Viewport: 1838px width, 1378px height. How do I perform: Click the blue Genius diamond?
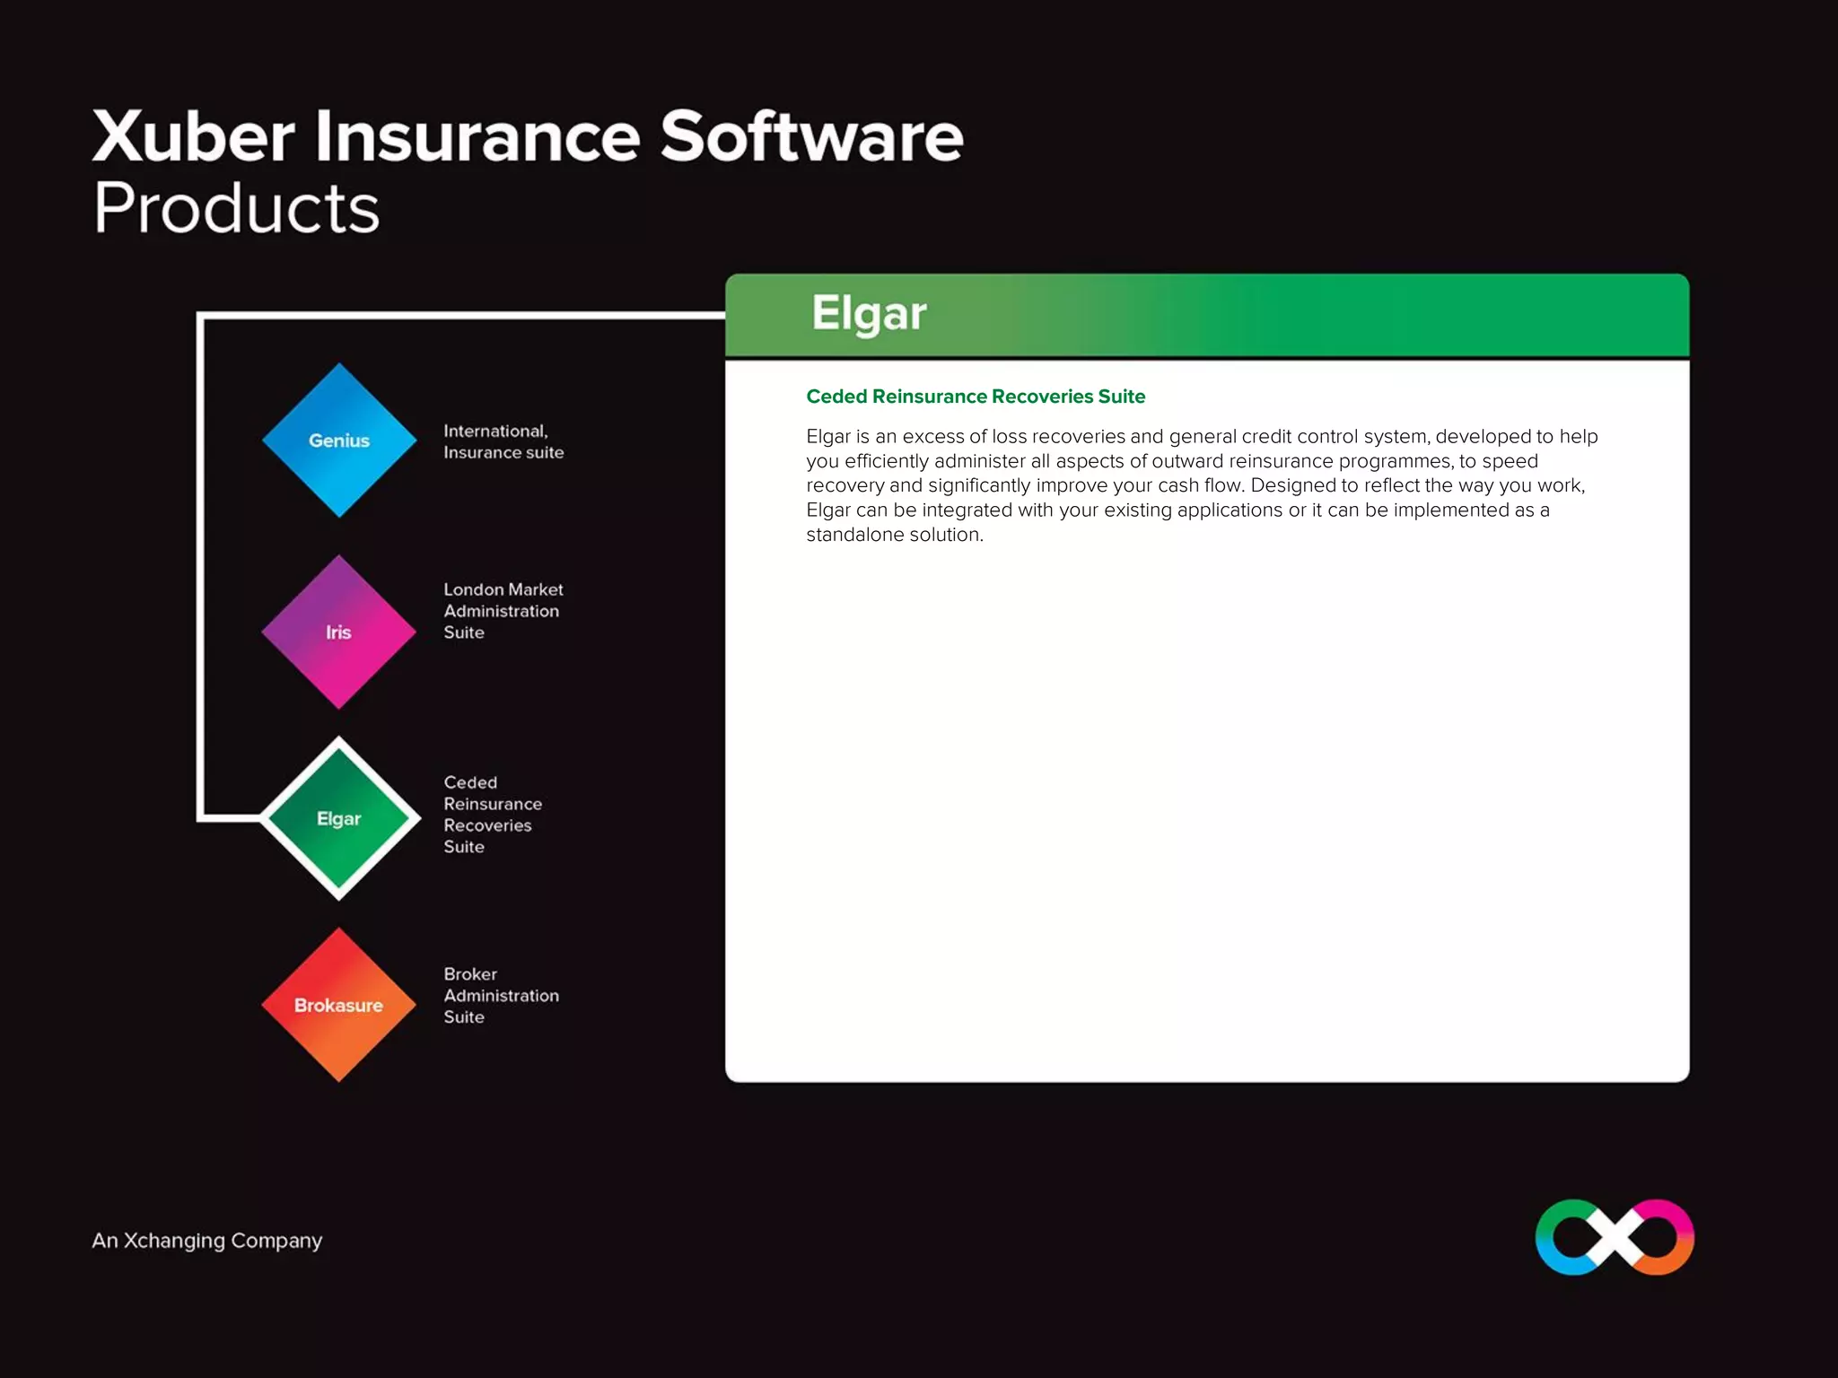coord(339,440)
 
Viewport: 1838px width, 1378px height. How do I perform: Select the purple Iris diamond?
coord(339,632)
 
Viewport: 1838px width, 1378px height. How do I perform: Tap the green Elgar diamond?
coord(339,818)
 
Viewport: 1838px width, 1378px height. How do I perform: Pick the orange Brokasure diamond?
coord(339,1005)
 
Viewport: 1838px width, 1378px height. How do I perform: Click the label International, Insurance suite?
coord(503,442)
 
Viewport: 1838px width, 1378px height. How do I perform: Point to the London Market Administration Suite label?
coord(503,611)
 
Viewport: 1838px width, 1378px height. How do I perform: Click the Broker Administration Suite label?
coord(501,996)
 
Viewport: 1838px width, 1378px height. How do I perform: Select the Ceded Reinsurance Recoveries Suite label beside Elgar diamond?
coord(492,815)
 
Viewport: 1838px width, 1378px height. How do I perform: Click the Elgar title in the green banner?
coord(869,314)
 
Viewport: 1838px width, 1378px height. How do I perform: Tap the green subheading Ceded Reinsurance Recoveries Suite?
coord(976,397)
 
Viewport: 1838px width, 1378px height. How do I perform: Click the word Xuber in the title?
coord(194,136)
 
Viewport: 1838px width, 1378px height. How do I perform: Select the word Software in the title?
coord(811,136)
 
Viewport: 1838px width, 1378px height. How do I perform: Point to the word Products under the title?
coord(237,208)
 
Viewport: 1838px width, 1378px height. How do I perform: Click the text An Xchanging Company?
coord(206,1241)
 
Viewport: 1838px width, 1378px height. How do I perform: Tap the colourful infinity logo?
coord(1615,1237)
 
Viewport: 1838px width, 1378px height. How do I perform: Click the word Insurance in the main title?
coord(477,136)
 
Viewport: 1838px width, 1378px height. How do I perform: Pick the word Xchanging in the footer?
coord(174,1241)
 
